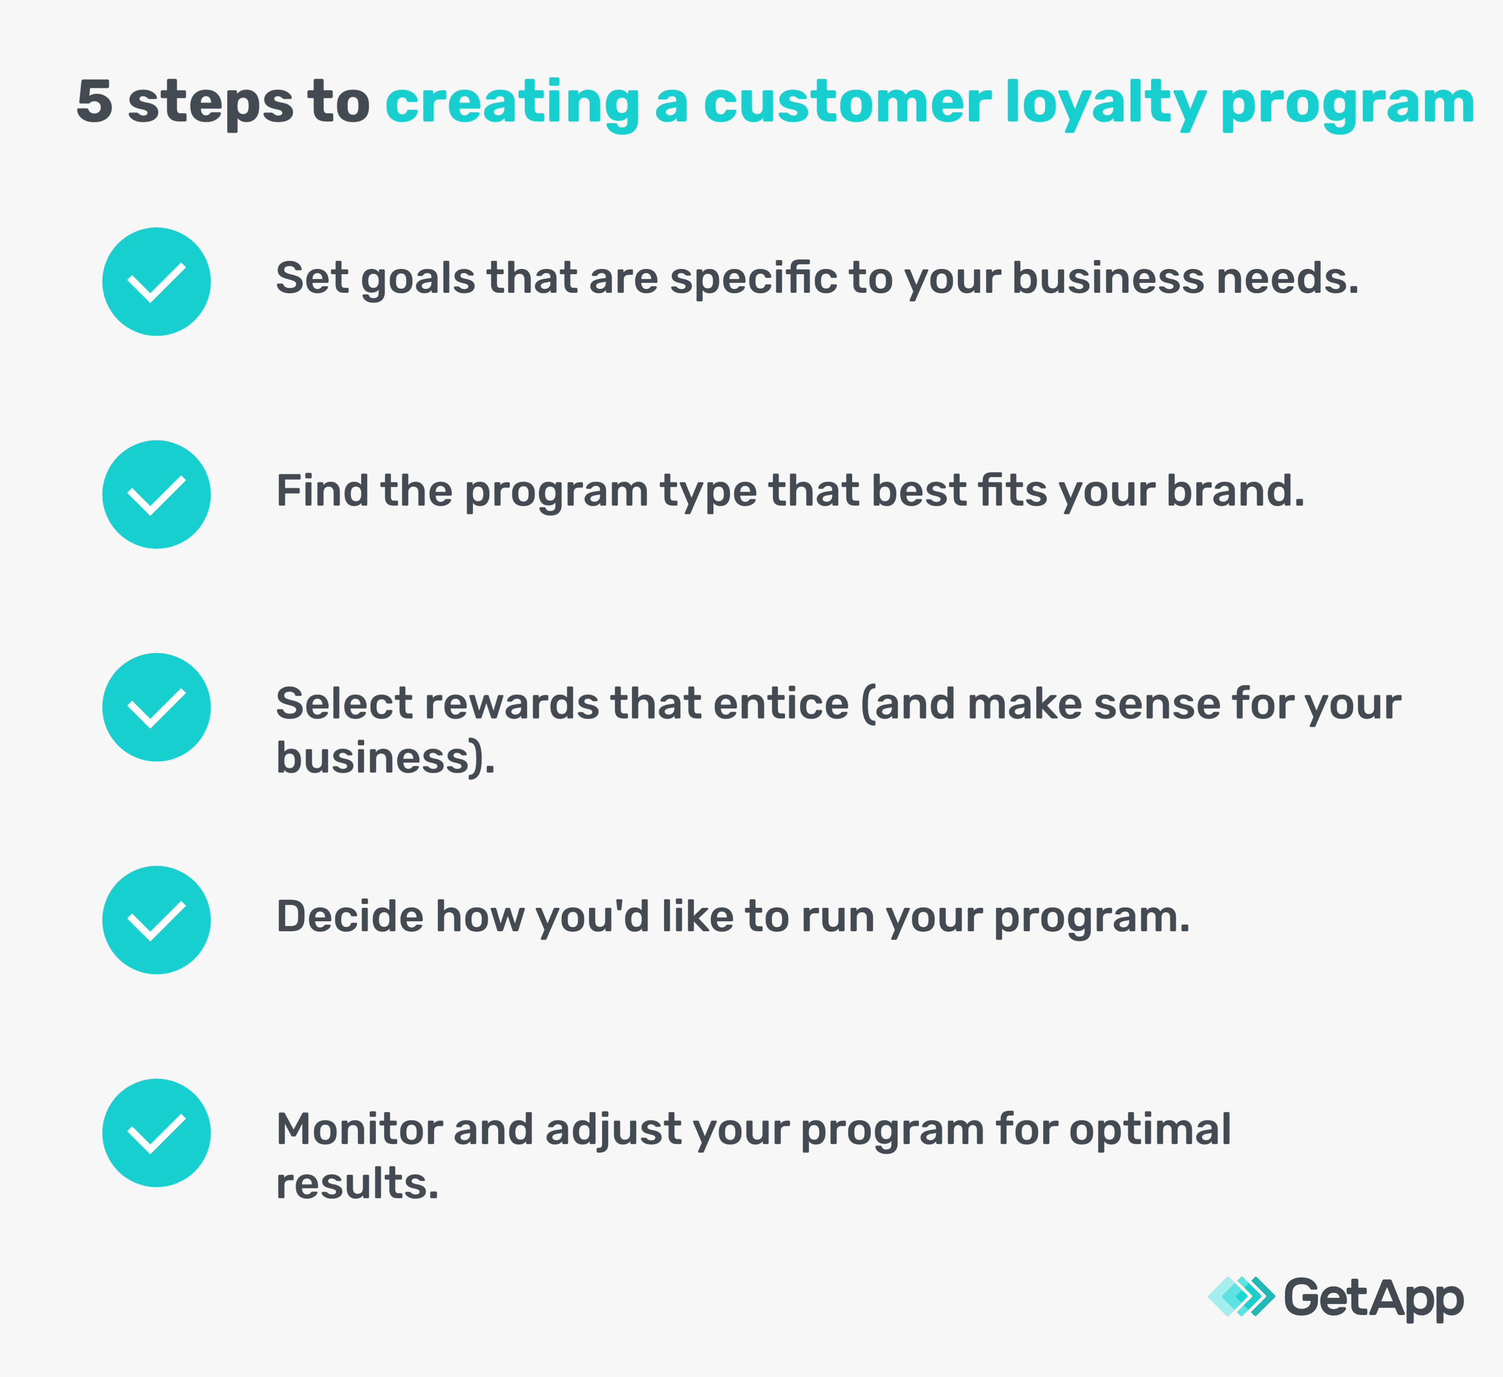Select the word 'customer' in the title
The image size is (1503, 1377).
tap(848, 102)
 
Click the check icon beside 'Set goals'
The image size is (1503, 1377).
tap(156, 282)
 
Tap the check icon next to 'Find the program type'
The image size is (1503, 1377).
tap(156, 495)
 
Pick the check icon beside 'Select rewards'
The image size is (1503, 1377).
tap(156, 707)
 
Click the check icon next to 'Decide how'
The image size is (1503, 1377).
tap(156, 920)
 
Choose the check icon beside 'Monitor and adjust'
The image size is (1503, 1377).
tap(156, 1133)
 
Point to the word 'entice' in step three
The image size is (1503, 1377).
tap(781, 704)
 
